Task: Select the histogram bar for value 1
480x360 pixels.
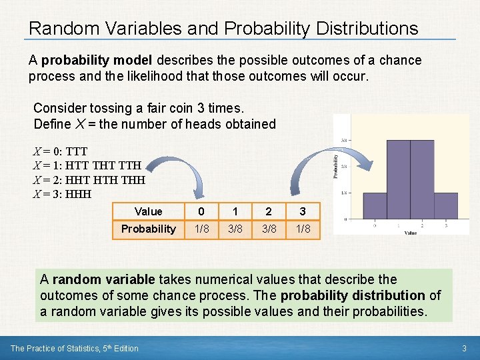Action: pos(399,179)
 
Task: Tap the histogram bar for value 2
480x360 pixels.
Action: pos(422,179)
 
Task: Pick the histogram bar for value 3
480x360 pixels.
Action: pos(446,205)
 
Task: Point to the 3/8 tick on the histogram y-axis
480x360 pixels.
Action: pos(343,141)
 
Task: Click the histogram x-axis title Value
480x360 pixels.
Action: pos(410,233)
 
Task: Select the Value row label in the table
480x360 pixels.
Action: pos(148,211)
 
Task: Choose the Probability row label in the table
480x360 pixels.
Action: pos(148,229)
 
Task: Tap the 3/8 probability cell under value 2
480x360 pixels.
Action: pos(268,229)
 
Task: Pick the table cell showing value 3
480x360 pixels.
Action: pos(302,211)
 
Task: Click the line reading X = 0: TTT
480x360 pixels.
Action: pos(60,151)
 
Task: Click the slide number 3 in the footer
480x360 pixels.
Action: pos(463,348)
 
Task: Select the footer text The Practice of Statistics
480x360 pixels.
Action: pos(63,348)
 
